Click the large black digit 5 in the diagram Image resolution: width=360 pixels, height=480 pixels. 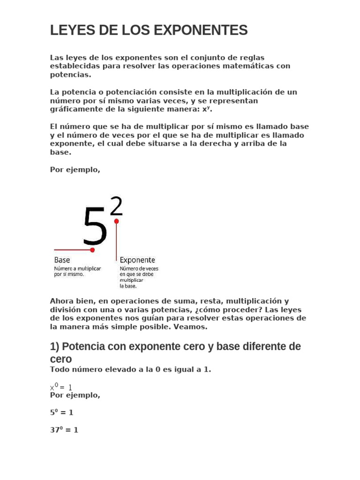click(x=95, y=227)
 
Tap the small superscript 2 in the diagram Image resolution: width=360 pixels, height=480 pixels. click(x=117, y=207)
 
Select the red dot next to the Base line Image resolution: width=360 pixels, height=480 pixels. click(x=92, y=250)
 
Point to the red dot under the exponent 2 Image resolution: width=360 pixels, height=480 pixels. click(x=116, y=221)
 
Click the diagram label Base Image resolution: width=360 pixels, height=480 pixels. click(x=62, y=260)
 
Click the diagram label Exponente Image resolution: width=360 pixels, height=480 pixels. click(x=137, y=260)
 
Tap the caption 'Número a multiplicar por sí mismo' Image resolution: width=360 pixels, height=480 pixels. click(x=78, y=271)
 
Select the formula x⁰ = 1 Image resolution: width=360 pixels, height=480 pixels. click(x=61, y=387)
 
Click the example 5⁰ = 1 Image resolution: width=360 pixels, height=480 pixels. click(x=61, y=412)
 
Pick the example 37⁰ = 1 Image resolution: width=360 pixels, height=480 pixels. click(x=64, y=429)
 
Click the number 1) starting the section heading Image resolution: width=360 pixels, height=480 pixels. click(x=55, y=347)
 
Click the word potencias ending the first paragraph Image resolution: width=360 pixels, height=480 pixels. click(x=70, y=75)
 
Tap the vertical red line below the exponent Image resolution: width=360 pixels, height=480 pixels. click(x=116, y=241)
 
